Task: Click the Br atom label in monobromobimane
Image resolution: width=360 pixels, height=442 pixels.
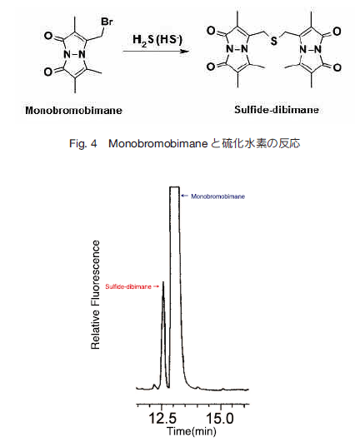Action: (x=107, y=22)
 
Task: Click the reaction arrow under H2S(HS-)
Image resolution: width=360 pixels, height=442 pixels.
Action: (x=156, y=52)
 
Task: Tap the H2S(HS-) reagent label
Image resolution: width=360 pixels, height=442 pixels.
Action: (x=157, y=40)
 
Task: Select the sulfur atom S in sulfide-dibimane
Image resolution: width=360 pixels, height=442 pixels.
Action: (x=273, y=41)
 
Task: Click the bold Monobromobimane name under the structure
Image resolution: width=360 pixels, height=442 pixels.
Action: (x=73, y=110)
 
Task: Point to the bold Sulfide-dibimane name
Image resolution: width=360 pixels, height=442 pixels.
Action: (x=277, y=110)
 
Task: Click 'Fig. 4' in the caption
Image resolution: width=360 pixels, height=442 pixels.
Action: (x=83, y=144)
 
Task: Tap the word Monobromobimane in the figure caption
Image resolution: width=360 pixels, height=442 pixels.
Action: (x=158, y=144)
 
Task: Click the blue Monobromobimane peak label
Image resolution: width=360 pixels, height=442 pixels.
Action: (x=217, y=196)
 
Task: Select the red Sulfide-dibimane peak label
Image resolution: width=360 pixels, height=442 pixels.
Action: (x=128, y=286)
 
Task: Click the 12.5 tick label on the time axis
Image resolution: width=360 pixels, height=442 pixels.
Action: (x=162, y=418)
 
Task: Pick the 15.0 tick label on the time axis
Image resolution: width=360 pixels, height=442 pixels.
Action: (x=220, y=418)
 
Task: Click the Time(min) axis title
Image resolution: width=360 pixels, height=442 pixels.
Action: (x=192, y=431)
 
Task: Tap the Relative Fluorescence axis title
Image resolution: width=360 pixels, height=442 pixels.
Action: (x=96, y=295)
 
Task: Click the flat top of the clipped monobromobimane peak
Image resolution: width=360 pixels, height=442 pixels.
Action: (x=175, y=186)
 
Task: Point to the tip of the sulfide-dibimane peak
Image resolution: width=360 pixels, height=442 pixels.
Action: (x=162, y=281)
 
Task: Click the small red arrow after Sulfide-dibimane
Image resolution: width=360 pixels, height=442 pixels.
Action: (x=156, y=286)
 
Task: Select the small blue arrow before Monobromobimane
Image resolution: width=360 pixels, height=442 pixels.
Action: (x=185, y=196)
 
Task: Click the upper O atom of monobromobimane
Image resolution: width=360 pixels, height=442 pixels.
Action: (x=48, y=36)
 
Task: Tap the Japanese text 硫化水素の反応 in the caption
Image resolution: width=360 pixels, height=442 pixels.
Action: (x=261, y=144)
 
